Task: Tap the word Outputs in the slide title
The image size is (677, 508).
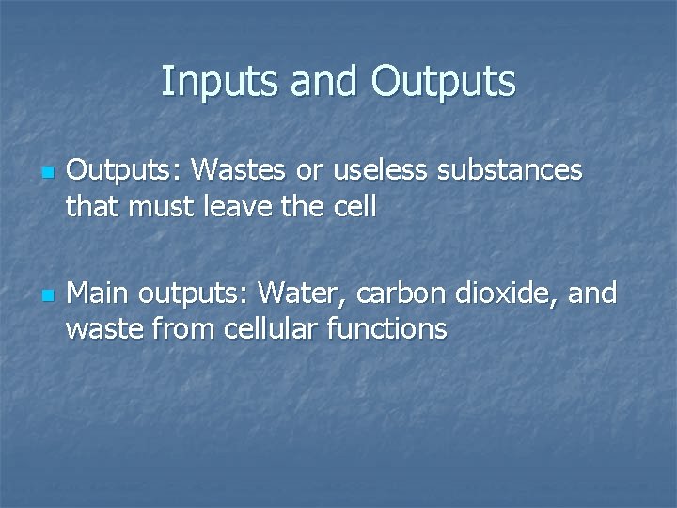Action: click(x=443, y=82)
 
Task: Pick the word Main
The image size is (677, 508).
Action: click(x=100, y=294)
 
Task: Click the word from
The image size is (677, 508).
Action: click(x=175, y=329)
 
